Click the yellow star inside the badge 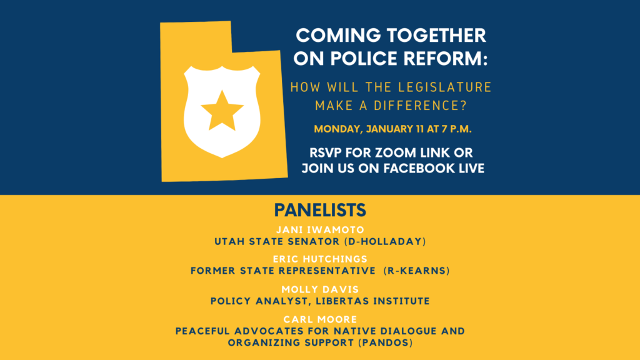point(222,112)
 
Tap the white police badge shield point(222,111)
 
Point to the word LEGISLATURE point(445,87)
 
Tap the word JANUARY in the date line point(389,129)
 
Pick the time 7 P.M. point(456,129)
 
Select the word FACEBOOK point(419,168)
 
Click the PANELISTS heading point(320,211)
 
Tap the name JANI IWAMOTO point(320,230)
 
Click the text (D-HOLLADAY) point(385,242)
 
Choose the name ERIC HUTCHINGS point(320,259)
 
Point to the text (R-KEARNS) point(416,271)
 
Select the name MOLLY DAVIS point(320,289)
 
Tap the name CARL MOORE point(320,319)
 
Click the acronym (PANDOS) point(385,343)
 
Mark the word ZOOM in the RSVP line point(396,153)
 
